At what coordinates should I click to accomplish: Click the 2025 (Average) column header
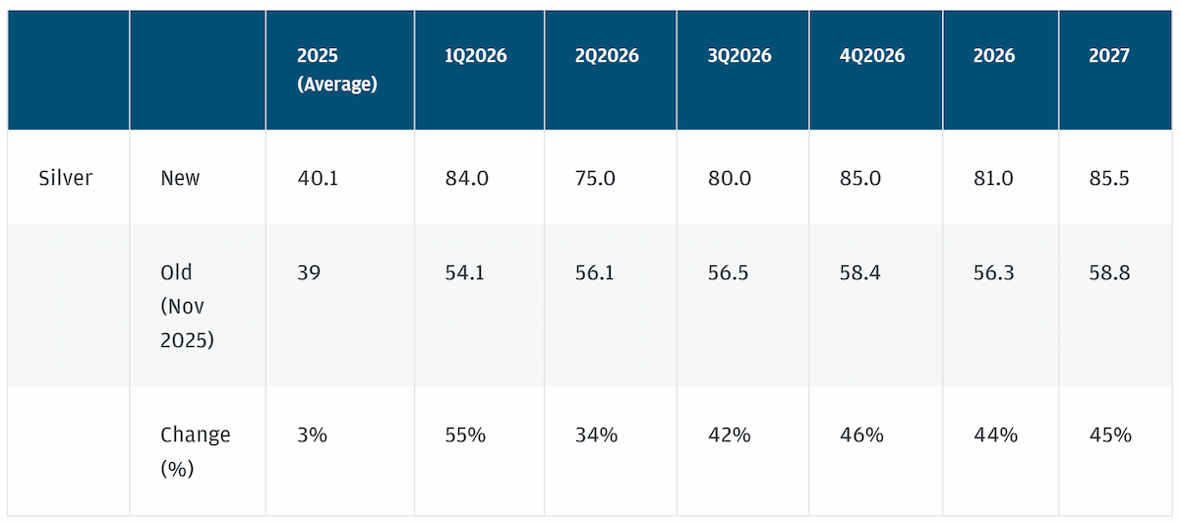coord(337,70)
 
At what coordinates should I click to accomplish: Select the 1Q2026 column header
coord(476,55)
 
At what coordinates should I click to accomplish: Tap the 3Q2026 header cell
coord(739,55)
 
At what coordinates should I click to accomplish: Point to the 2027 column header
coord(1109,55)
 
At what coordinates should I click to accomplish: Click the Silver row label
coord(65,178)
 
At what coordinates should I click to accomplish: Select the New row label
coord(180,178)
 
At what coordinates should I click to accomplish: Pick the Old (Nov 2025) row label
coord(187,306)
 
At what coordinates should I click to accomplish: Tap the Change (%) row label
coord(196,451)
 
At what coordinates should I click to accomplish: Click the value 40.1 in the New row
coord(318,178)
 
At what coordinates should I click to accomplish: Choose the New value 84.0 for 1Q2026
coord(467,178)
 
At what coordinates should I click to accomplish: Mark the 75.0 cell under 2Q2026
coord(595,178)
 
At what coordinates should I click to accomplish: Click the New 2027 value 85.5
coord(1109,178)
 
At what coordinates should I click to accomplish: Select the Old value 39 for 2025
coord(309,272)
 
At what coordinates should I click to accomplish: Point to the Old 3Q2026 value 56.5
coord(728,272)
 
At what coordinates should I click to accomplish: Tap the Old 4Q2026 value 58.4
coord(859,272)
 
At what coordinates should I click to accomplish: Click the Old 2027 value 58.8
coord(1109,272)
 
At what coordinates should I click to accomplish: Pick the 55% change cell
coord(465,435)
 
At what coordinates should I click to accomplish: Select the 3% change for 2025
coord(313,435)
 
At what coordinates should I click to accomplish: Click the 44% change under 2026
coord(995,435)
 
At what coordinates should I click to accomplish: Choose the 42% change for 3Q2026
coord(729,435)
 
